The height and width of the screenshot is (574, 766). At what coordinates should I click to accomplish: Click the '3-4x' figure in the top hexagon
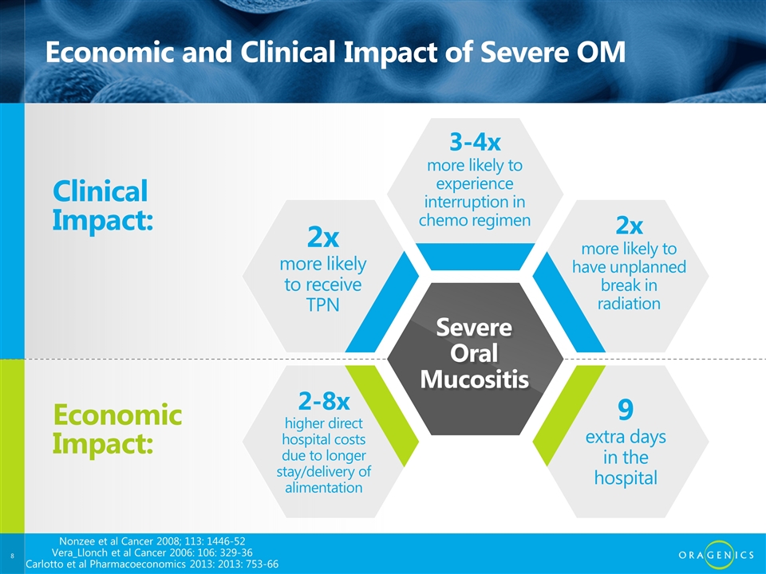click(x=475, y=142)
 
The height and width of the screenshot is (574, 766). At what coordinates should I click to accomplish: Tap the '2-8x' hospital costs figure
click(x=324, y=401)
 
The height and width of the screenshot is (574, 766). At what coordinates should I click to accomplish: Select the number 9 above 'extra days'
click(x=626, y=409)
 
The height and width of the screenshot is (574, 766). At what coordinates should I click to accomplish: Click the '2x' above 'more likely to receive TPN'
click(x=323, y=238)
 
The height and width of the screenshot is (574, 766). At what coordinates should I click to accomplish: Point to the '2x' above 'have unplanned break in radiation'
click(x=630, y=225)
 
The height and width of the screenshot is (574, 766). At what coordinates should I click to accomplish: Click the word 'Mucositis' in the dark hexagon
click(x=474, y=379)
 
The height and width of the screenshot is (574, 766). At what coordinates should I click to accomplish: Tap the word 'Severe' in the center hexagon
click(x=474, y=327)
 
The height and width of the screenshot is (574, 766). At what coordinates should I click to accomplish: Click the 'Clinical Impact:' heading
click(x=103, y=206)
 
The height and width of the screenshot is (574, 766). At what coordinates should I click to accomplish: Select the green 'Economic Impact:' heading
click(x=117, y=429)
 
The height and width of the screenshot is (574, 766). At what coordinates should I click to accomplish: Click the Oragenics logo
click(x=717, y=555)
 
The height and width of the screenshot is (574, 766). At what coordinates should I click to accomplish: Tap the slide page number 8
click(x=12, y=556)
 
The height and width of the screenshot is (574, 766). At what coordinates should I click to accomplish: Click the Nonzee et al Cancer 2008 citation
click(x=152, y=541)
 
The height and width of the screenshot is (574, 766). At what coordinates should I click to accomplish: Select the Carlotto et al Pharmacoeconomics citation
click(x=152, y=564)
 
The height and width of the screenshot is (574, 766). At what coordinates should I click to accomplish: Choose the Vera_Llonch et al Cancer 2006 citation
click(x=152, y=552)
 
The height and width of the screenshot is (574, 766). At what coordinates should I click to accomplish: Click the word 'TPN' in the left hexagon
click(x=323, y=305)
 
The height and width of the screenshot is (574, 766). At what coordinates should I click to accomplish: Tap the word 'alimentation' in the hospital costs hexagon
click(x=324, y=487)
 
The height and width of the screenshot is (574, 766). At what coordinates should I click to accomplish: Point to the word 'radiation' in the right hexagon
click(x=630, y=304)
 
